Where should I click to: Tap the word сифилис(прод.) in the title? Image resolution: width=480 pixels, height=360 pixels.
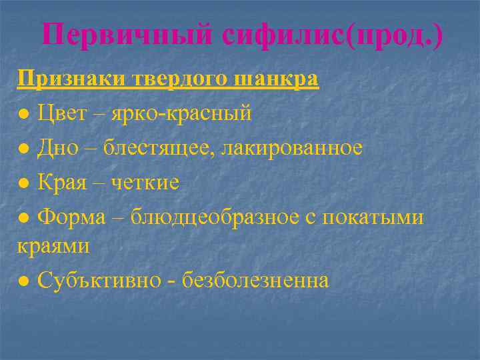click(x=333, y=35)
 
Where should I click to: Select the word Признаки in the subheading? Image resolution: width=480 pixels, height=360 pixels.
click(x=64, y=79)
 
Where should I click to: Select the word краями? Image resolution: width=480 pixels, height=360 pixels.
click(x=53, y=245)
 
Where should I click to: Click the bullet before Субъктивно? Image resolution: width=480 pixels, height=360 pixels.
click(x=23, y=281)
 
